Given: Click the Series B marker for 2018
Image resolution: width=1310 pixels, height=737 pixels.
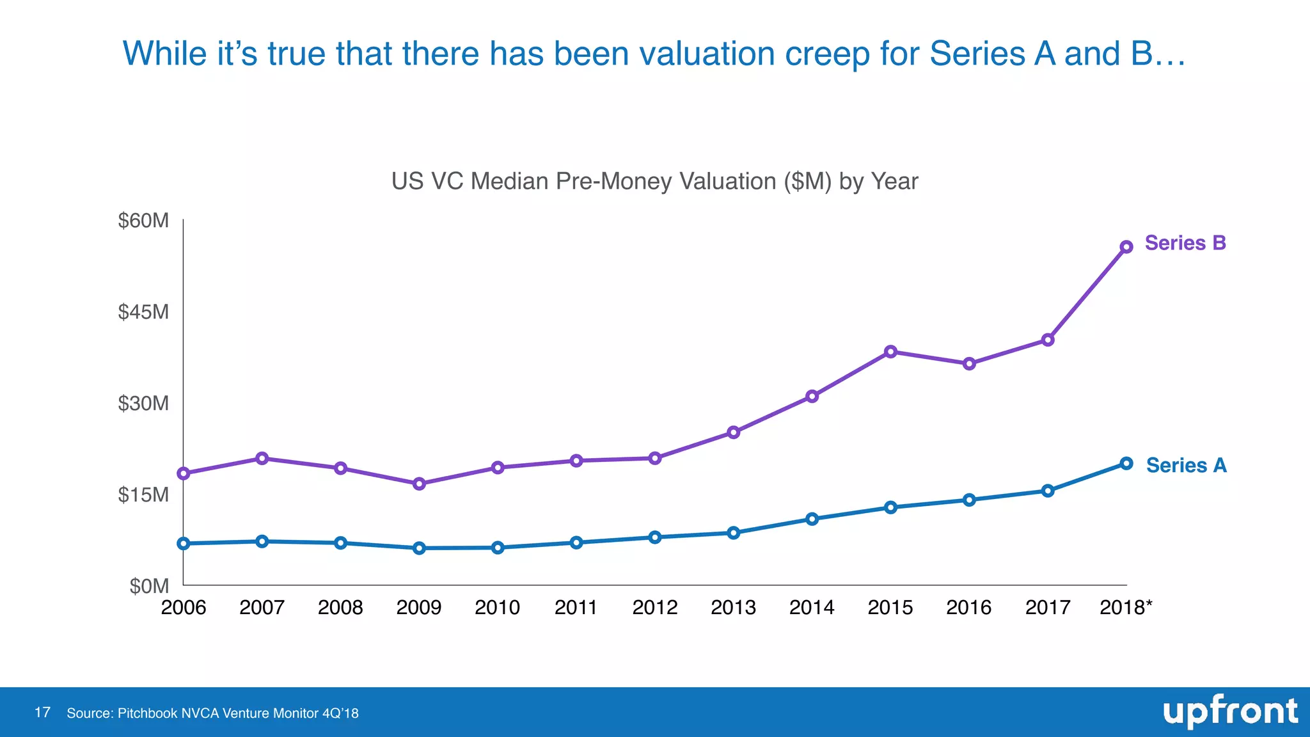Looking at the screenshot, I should coord(1126,247).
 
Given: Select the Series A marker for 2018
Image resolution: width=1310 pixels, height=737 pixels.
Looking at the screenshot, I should coord(1126,463).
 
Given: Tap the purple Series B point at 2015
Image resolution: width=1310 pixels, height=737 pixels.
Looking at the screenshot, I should coord(890,351).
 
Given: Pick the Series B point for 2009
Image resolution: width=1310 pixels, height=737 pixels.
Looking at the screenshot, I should coord(419,484).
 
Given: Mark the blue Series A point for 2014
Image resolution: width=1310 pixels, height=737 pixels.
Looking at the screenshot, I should coord(812,519).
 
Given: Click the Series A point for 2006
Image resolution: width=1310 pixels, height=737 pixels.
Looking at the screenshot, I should coord(184,543).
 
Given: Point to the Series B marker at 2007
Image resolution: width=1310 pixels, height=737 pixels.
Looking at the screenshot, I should coord(262,458).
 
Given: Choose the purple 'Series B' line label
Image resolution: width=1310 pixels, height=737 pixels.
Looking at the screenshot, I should coord(1185,243).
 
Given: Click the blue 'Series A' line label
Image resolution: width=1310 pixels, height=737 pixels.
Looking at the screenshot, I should coord(1186,465).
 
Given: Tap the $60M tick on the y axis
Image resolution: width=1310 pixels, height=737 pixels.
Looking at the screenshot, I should coord(143,221).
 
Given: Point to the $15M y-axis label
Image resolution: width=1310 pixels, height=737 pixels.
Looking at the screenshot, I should coord(143,495).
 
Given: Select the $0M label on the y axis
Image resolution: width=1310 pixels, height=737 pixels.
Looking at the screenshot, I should coord(149,586).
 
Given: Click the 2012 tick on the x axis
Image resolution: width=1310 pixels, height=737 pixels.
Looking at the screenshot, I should coord(654,607).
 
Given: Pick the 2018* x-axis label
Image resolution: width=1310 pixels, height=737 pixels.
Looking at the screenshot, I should coord(1125,607).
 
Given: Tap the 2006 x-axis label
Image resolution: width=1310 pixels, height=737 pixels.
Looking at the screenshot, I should coord(184,607).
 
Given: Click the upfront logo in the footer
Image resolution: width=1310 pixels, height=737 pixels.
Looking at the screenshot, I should coord(1229,711).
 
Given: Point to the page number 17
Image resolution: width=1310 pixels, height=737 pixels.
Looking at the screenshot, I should coord(42,713).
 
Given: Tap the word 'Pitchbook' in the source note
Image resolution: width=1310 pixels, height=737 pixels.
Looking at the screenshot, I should coord(147,713).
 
